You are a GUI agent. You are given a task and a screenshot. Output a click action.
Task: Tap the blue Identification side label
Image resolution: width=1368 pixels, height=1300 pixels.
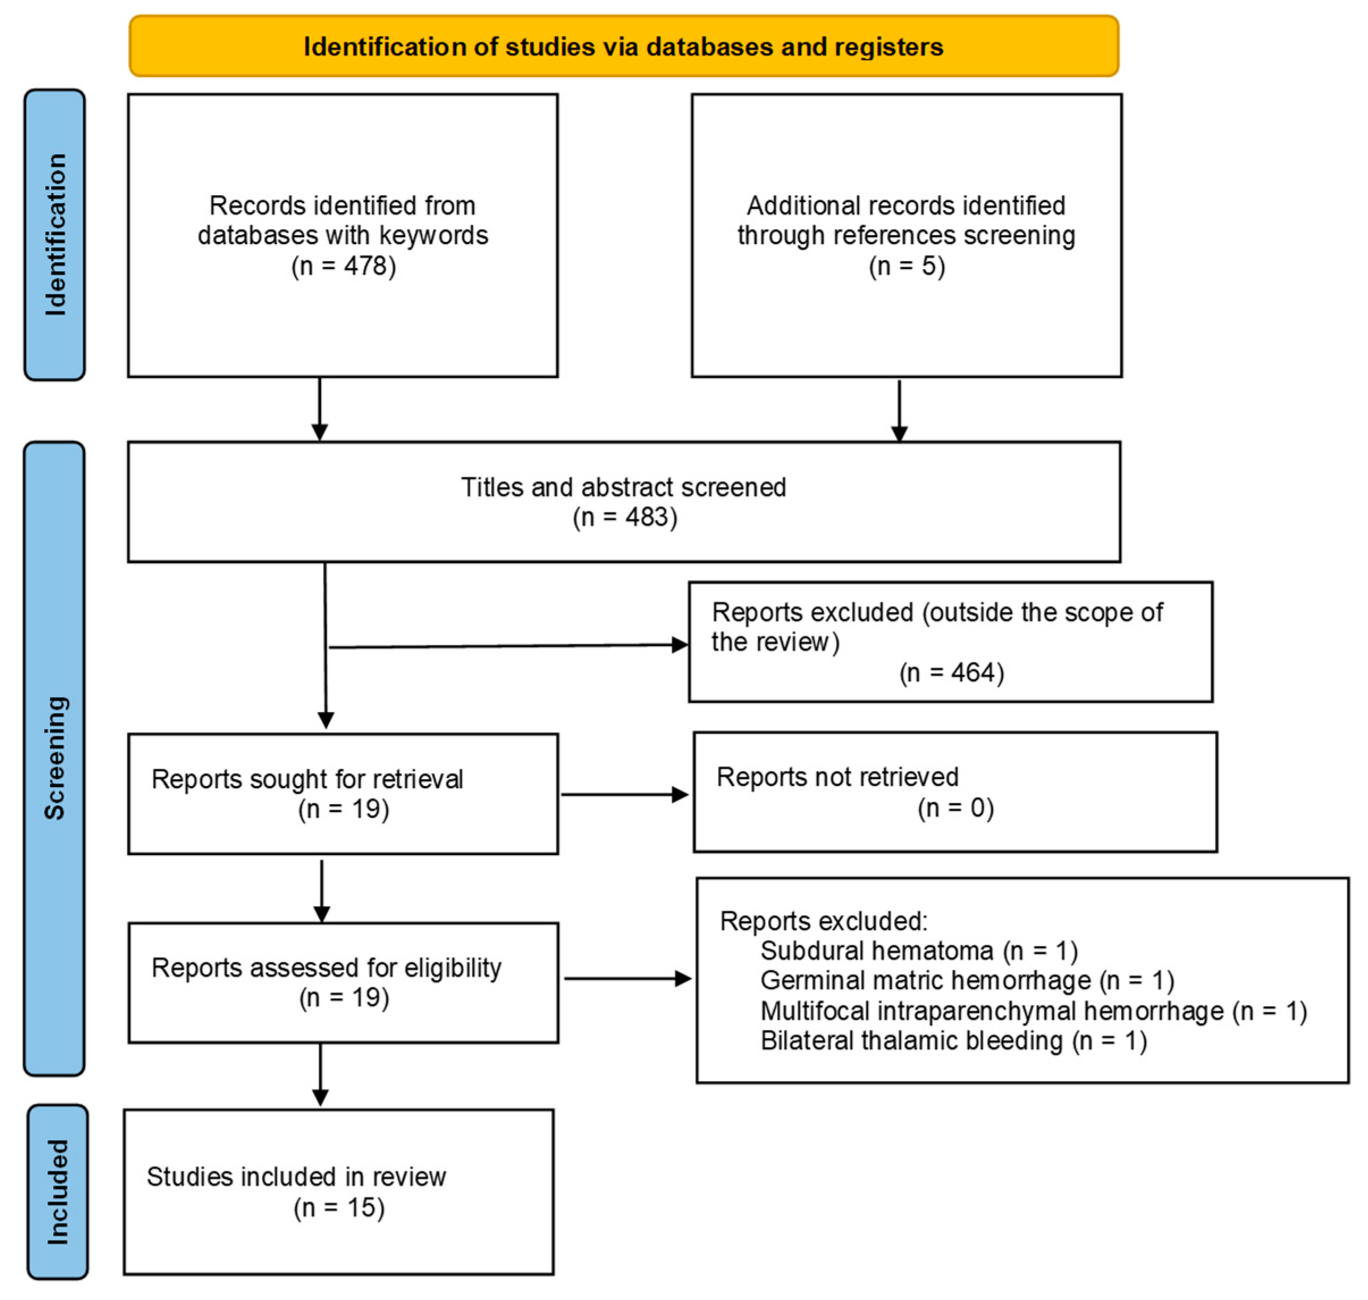[x=54, y=234]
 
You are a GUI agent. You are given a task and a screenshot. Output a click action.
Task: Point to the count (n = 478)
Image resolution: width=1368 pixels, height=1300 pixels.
[x=343, y=266]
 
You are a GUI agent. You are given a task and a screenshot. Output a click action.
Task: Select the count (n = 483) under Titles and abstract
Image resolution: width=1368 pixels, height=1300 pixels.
[x=624, y=517]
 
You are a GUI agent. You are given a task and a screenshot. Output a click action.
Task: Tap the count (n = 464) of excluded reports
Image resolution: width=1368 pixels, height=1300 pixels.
[x=951, y=672]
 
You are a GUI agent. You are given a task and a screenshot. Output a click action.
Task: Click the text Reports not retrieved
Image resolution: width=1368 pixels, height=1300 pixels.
[x=836, y=777]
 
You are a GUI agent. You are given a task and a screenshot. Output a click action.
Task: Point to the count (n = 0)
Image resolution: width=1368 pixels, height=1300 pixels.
[x=955, y=808]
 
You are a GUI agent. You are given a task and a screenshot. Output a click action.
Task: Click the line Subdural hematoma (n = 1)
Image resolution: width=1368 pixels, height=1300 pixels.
[x=918, y=951]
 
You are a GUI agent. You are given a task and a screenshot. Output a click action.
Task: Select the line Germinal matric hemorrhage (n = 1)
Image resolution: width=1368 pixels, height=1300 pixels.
[x=966, y=981]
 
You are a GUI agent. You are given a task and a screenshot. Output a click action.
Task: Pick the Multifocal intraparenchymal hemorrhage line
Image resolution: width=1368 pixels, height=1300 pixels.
[x=1033, y=1011]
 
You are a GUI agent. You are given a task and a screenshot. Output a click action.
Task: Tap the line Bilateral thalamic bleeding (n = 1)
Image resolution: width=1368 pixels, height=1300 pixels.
[x=953, y=1041]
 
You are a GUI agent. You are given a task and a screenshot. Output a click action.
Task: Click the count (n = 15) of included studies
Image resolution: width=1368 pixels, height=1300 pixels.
[x=338, y=1208]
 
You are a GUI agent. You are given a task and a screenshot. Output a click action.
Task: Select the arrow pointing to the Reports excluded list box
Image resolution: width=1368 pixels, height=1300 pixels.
[x=626, y=978]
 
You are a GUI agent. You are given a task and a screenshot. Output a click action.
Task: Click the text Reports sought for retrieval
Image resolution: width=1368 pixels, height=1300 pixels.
[x=306, y=779]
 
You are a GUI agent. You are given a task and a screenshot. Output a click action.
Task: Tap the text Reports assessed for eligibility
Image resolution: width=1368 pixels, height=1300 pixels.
[x=326, y=967]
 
